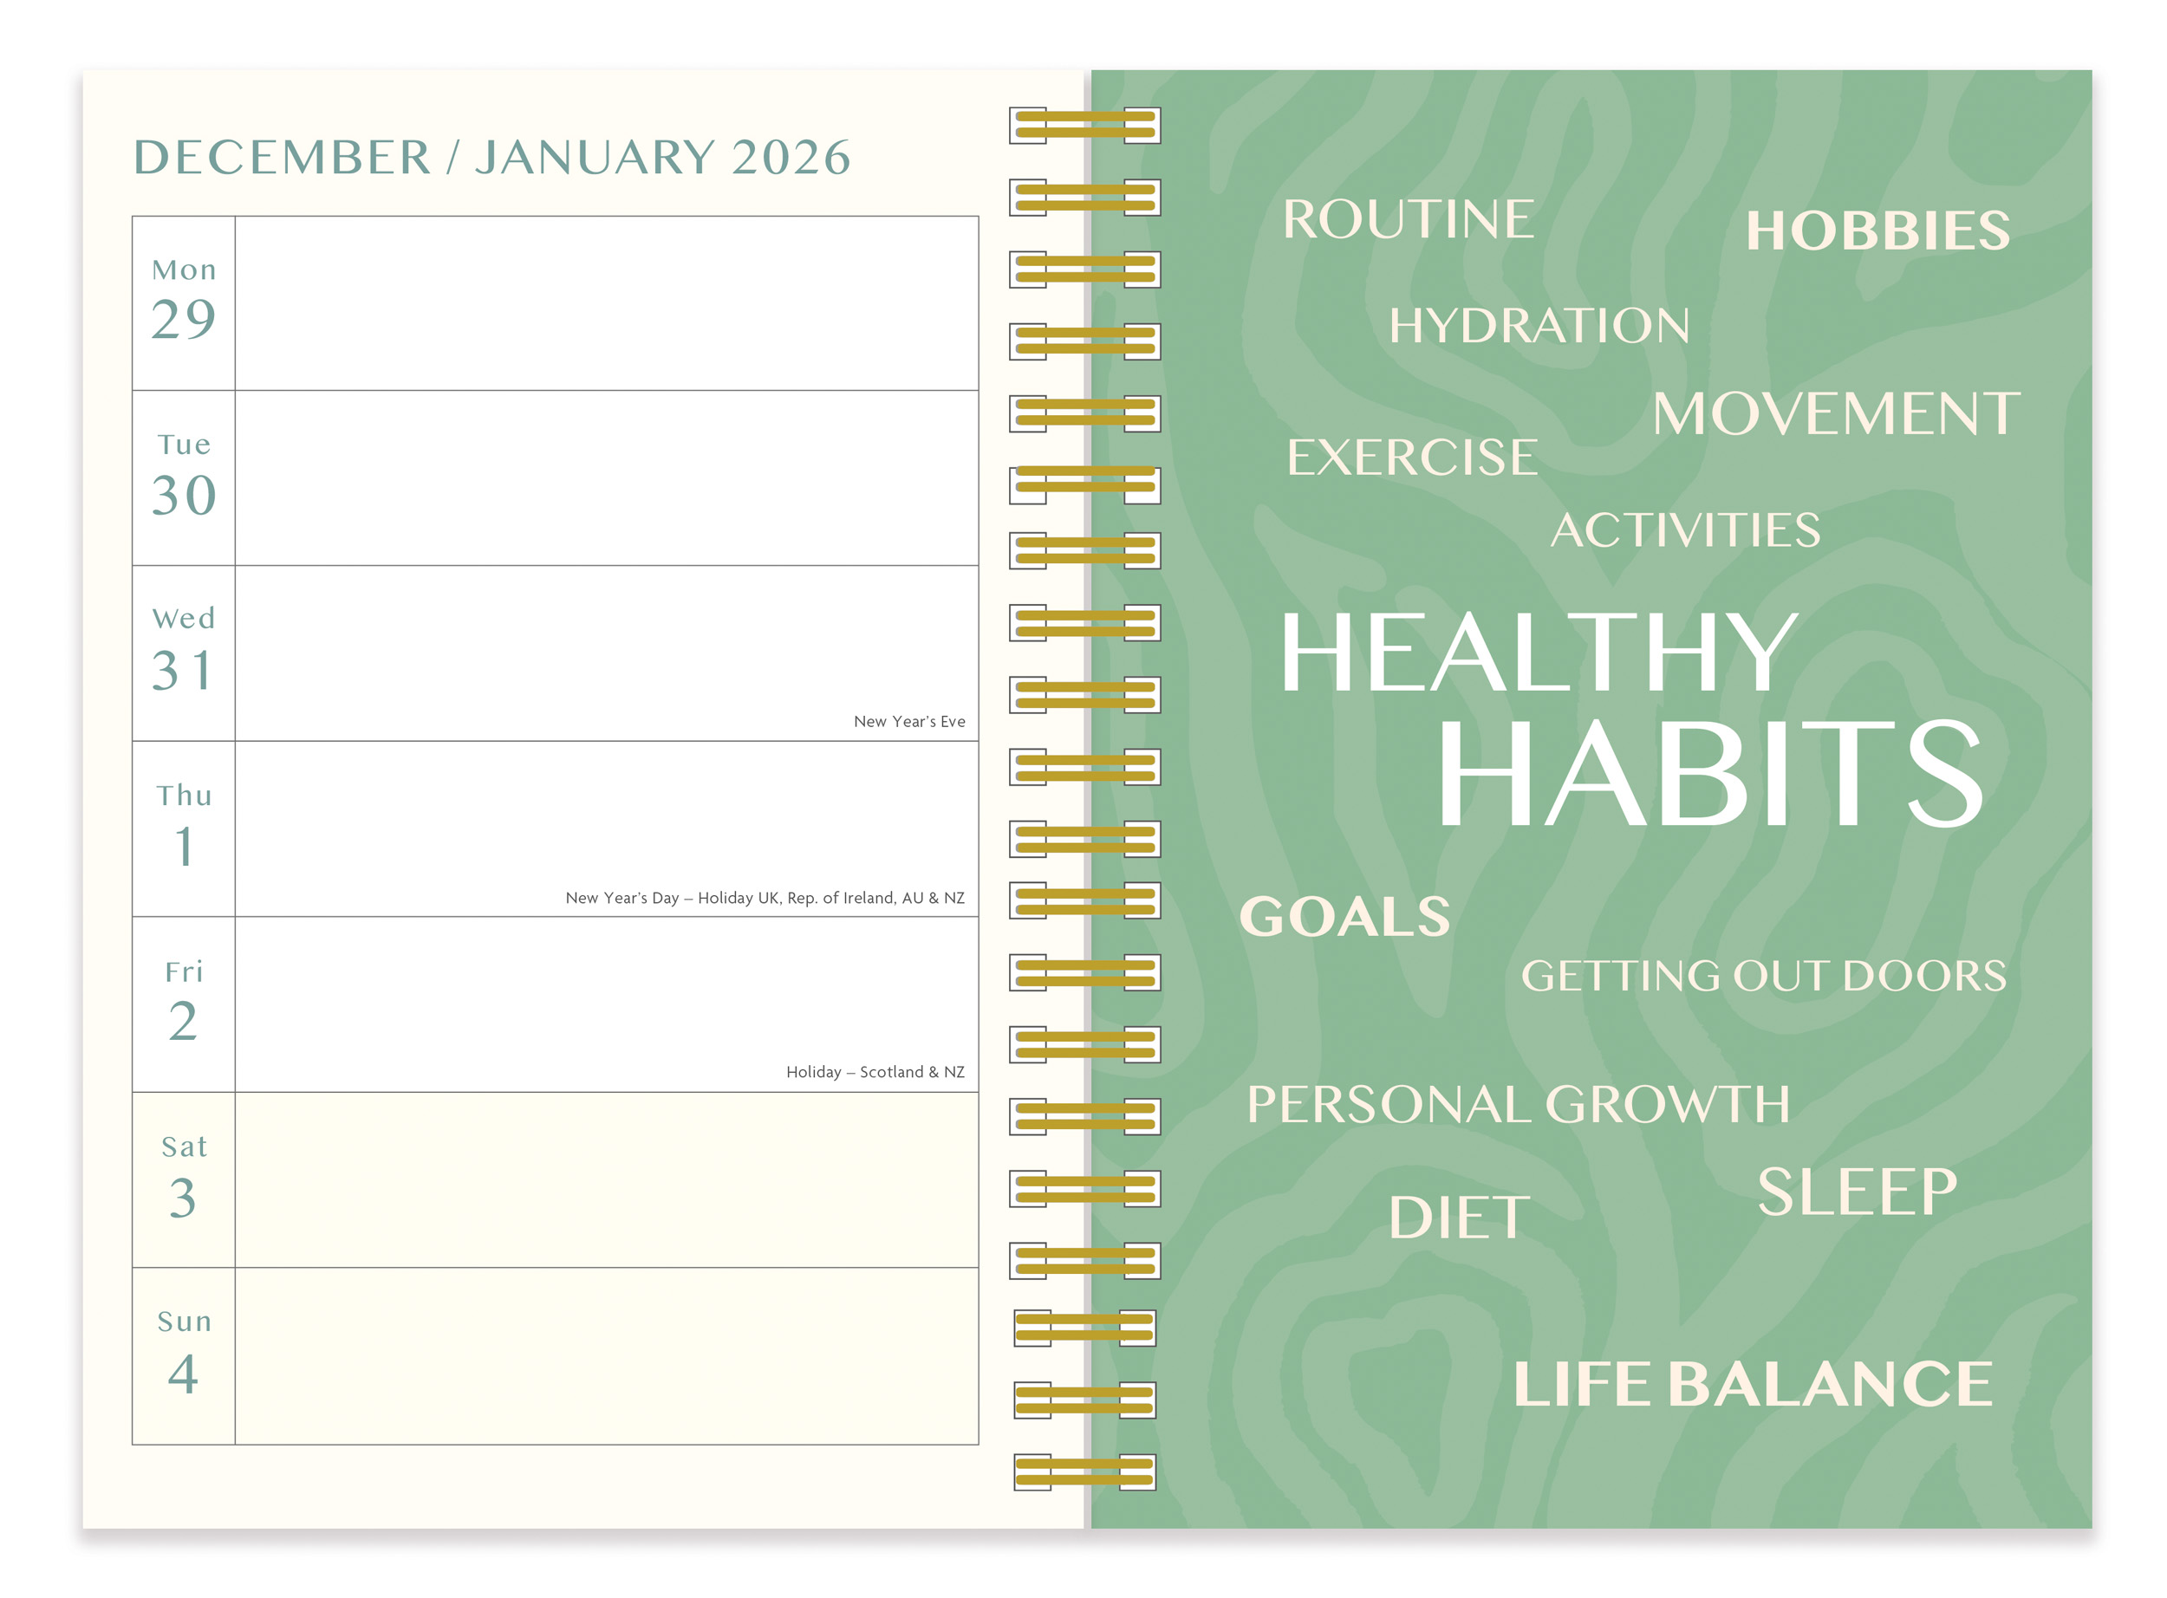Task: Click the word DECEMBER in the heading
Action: pos(282,158)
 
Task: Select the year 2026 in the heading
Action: pos(791,158)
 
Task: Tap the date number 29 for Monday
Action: pos(184,319)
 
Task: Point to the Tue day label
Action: pos(184,444)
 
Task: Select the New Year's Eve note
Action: pos(909,722)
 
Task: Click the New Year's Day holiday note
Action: pos(765,898)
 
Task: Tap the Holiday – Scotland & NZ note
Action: pos(875,1072)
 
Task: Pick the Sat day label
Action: pos(184,1147)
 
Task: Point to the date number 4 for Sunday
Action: pos(184,1374)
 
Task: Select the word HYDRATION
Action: pos(1539,325)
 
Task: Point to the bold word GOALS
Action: pos(1344,916)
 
